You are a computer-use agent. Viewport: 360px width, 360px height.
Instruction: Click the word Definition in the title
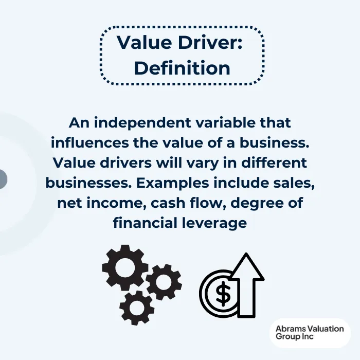tap(182, 68)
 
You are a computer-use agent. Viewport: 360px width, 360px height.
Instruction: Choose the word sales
tap(293, 183)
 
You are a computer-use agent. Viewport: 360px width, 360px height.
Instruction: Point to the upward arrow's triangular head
tap(247, 267)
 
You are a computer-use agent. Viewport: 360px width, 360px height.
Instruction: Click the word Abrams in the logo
tap(291, 329)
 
